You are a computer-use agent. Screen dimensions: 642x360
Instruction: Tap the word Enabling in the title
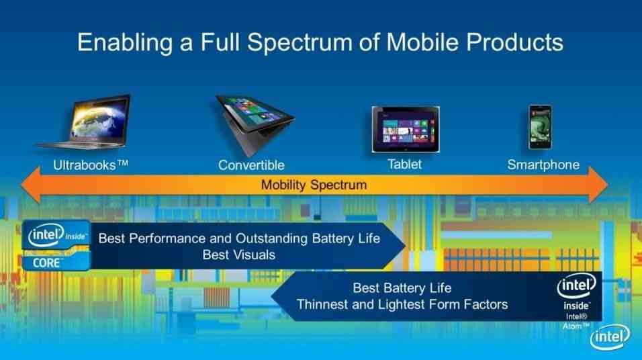125,43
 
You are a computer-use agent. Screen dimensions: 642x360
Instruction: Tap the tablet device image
406,129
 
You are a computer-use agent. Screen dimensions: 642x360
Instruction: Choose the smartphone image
540,128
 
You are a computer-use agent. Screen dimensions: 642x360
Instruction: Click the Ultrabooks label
91,165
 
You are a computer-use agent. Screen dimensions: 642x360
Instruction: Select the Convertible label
251,165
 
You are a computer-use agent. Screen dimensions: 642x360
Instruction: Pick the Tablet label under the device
404,165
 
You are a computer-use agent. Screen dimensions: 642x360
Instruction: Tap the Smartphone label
543,165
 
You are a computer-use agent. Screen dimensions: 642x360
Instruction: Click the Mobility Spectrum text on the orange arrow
314,185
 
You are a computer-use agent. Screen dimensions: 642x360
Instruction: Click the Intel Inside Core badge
56,245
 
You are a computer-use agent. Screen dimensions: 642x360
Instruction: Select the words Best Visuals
238,255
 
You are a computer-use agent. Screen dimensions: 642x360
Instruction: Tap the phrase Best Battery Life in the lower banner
402,288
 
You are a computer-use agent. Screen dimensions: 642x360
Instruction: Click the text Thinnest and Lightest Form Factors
402,304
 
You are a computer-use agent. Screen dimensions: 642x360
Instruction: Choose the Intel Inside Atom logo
576,301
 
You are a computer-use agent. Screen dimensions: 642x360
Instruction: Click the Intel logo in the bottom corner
610,337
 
